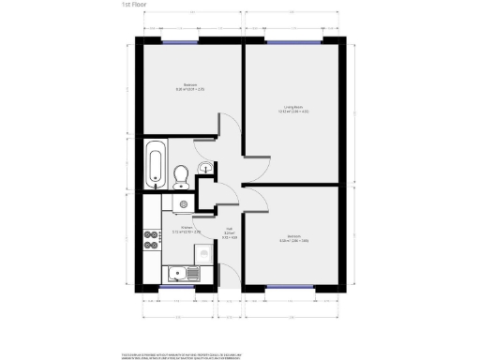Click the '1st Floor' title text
133,5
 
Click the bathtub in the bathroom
156,164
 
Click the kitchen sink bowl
175,274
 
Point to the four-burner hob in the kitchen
150,240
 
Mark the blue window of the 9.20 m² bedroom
175,42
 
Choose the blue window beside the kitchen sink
175,286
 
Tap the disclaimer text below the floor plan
240,355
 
